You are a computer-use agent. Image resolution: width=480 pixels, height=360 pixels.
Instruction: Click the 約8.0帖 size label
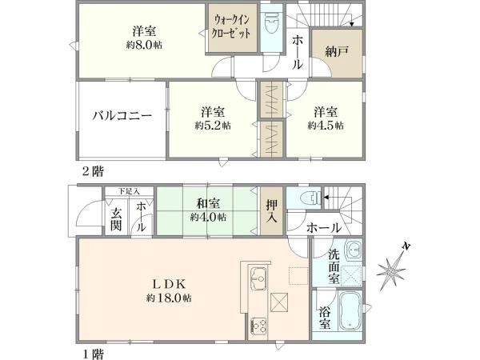145,47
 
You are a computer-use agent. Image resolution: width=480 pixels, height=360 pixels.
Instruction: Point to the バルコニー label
121,116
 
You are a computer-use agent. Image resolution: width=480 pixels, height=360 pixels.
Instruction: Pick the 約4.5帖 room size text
327,126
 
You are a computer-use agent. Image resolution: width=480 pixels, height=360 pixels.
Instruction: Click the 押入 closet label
271,210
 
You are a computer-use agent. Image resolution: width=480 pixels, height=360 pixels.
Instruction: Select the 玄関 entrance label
117,218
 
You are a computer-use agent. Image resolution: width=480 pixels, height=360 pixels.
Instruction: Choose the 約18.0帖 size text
169,298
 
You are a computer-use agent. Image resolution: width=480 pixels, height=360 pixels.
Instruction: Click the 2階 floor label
91,170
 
